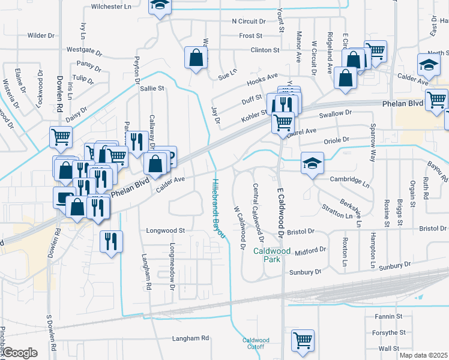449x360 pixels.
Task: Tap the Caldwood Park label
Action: click(267, 255)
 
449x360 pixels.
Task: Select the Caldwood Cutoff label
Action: click(256, 344)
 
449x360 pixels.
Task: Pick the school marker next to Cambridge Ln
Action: click(312, 164)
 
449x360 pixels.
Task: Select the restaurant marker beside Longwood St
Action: click(111, 241)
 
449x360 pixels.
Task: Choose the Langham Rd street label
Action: click(190, 338)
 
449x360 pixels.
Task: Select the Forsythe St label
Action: click(388, 332)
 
